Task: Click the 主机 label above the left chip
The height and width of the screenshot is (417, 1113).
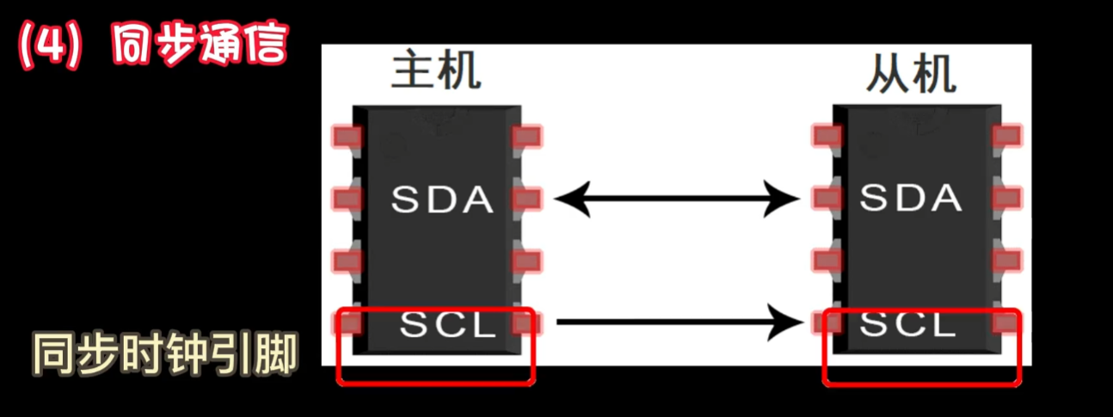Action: [x=435, y=73]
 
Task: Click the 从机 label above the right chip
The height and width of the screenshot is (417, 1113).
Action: [x=911, y=74]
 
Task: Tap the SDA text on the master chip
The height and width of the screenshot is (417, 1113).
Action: [x=442, y=199]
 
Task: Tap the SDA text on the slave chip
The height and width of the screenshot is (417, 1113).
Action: [x=911, y=198]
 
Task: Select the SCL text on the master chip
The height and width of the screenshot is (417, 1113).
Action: [x=447, y=325]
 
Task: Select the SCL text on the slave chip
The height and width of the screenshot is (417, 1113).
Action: [x=908, y=324]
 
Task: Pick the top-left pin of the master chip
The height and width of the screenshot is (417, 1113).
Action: [x=347, y=136]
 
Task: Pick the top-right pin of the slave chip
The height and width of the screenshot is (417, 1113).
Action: [x=1006, y=135]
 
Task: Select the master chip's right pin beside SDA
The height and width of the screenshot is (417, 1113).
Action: [x=526, y=199]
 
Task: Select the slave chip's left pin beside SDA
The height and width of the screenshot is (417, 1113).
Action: [x=827, y=199]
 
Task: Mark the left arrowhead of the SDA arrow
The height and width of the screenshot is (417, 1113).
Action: [x=570, y=199]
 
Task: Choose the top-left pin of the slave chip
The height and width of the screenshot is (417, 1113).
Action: [x=827, y=135]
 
